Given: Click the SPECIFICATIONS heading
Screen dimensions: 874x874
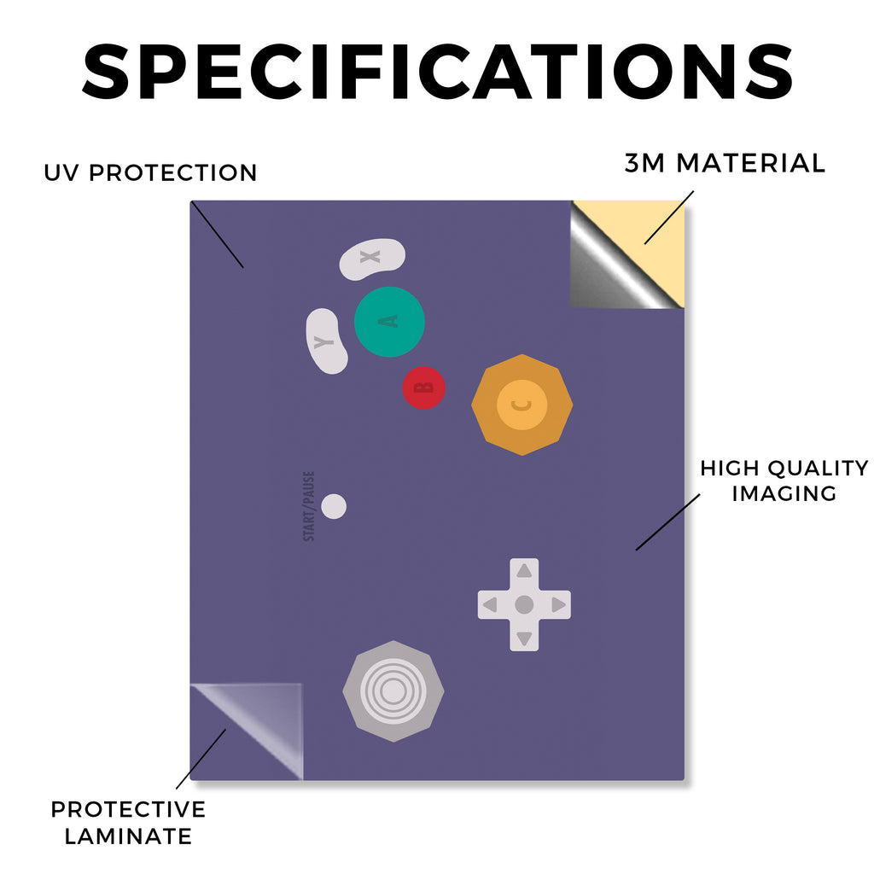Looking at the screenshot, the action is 438,72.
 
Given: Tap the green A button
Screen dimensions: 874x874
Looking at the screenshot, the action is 389,322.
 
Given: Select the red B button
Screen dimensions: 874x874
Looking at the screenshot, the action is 423,387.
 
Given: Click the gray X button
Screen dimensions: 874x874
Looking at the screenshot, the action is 372,259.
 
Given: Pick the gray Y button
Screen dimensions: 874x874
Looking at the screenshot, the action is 326,341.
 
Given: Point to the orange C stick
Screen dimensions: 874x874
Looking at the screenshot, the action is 521,405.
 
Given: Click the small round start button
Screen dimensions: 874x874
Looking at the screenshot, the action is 334,506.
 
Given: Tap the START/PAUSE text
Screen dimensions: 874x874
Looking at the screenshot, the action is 309,506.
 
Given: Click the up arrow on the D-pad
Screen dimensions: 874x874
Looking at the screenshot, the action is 524,571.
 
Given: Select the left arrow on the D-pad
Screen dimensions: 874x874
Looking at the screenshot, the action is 491,605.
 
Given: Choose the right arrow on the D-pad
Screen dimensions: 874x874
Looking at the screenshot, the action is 558,605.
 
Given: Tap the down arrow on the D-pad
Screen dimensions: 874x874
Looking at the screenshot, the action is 524,638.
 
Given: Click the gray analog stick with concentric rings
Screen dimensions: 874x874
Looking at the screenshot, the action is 393,691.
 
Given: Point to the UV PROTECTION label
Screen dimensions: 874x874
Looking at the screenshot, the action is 150,172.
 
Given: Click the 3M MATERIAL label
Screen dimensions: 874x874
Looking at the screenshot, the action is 725,163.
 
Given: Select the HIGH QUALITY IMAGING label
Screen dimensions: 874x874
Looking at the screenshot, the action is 784,481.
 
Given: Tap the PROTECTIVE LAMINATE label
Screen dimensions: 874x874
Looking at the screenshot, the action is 128,823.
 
